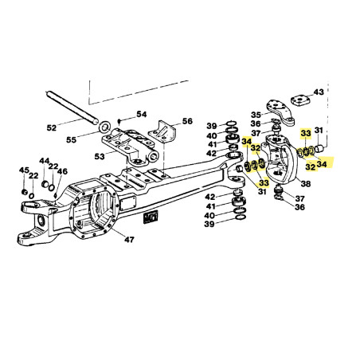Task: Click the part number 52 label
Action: (52, 128)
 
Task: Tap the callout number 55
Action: (71, 139)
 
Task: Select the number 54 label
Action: (142, 115)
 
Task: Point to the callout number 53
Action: (100, 157)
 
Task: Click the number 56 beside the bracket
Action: (187, 121)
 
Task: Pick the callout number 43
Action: (319, 92)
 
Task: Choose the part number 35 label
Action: (256, 115)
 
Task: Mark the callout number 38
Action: (306, 183)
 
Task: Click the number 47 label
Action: (129, 240)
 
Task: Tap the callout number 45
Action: (24, 170)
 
